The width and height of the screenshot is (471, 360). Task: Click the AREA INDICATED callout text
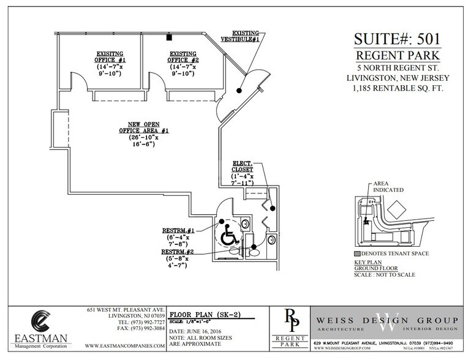point(386,186)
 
